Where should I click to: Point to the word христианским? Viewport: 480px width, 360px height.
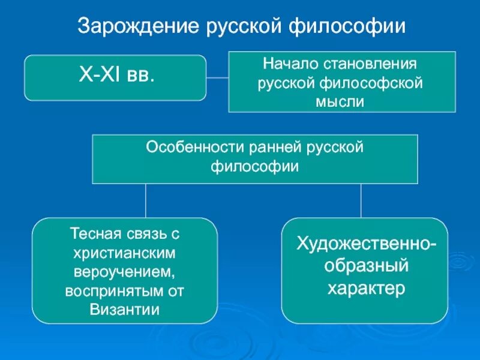pyautogui.click(x=125, y=253)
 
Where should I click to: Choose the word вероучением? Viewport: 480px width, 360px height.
pyautogui.click(x=125, y=272)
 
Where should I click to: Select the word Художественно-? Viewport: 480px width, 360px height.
pyautogui.click(x=365, y=244)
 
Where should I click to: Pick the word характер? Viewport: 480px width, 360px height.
pyautogui.click(x=365, y=289)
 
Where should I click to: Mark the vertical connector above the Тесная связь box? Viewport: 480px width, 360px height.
pyautogui.click(x=146, y=200)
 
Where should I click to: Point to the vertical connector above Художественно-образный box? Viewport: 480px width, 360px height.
pyautogui.click(x=361, y=200)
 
